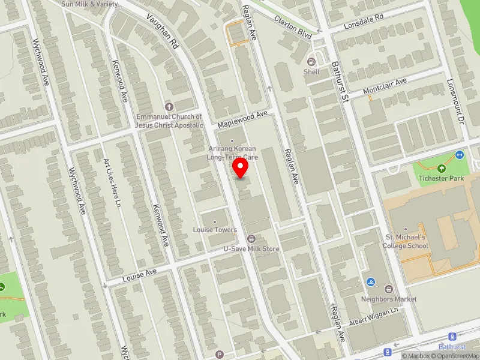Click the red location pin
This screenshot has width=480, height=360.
[241, 167]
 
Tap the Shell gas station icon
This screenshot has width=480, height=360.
[311, 61]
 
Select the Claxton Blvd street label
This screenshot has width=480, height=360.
[293, 28]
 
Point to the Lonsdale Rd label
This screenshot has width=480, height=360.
[363, 22]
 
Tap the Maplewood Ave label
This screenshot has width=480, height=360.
[242, 118]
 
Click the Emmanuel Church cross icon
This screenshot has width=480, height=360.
[169, 106]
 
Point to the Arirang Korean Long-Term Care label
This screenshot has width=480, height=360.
[232, 152]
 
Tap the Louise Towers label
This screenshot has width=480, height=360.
[215, 230]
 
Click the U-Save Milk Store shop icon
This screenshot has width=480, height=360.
[251, 239]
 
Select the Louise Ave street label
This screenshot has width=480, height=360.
[139, 275]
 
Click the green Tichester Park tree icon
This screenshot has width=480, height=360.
[442, 169]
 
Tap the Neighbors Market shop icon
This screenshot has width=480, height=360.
[388, 289]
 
